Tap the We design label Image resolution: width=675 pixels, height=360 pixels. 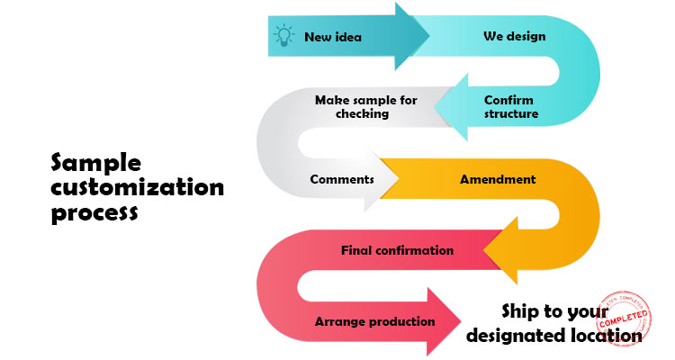(514, 37)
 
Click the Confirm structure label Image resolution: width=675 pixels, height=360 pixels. (510, 107)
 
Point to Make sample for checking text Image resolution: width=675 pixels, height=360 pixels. (365, 107)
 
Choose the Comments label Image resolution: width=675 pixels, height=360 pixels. (341, 179)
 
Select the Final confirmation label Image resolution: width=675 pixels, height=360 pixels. (397, 249)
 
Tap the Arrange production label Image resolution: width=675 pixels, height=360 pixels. (374, 321)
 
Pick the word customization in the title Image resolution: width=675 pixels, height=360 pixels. (137, 188)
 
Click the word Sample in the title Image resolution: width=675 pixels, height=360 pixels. (96, 163)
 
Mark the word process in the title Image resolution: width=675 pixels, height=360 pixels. (94, 214)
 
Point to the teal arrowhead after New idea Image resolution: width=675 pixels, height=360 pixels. (412, 37)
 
